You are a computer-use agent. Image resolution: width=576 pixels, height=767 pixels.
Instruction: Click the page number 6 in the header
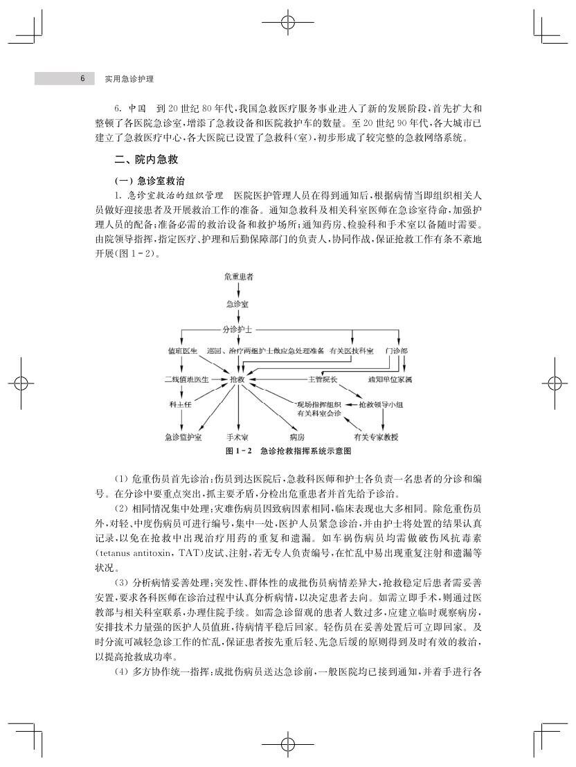(82, 79)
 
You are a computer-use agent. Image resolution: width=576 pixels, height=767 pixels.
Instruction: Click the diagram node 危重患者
(239, 277)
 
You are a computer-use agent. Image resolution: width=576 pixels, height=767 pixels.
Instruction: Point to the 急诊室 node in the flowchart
(238, 303)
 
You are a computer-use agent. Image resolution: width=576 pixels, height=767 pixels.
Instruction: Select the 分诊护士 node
(238, 329)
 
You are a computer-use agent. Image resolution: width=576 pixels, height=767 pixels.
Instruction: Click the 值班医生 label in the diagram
(182, 351)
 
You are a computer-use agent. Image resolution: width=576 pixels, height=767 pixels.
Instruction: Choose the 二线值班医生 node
(186, 380)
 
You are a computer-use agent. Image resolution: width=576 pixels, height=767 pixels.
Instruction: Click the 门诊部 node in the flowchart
(396, 351)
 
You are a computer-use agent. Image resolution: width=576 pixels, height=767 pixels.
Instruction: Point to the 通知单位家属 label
(390, 380)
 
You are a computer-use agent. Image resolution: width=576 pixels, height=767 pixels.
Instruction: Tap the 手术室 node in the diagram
(237, 437)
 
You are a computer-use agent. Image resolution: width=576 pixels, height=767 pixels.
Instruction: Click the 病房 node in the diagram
(297, 437)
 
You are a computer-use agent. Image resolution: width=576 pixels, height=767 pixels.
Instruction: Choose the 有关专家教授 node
(376, 437)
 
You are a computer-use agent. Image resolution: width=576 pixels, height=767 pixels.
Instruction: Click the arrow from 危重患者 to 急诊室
(238, 290)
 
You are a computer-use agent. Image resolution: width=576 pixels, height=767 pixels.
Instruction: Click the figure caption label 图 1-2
(238, 451)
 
